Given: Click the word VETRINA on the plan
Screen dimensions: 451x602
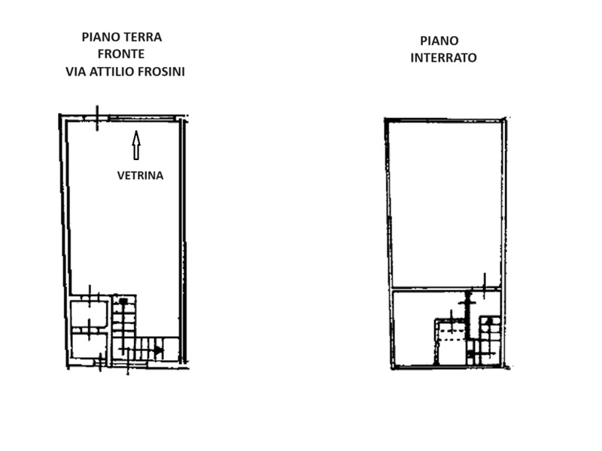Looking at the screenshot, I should pos(140,176).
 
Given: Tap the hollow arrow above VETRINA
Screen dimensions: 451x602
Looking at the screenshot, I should pos(136,145).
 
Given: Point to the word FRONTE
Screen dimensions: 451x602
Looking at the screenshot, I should pos(120,54).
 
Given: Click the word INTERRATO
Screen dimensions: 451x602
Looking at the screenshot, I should pos(443,58).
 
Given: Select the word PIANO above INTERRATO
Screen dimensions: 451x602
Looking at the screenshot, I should pos(439,41).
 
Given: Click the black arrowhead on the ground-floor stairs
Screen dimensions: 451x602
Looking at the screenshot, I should pos(158,350).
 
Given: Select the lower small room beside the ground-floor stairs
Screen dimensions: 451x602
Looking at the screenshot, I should pos(89,346).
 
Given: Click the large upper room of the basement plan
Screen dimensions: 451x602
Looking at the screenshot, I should pos(445,203).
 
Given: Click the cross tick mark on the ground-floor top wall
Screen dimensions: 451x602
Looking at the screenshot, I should pos(97,117).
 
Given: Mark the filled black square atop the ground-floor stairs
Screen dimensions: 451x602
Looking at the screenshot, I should pos(123,301).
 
